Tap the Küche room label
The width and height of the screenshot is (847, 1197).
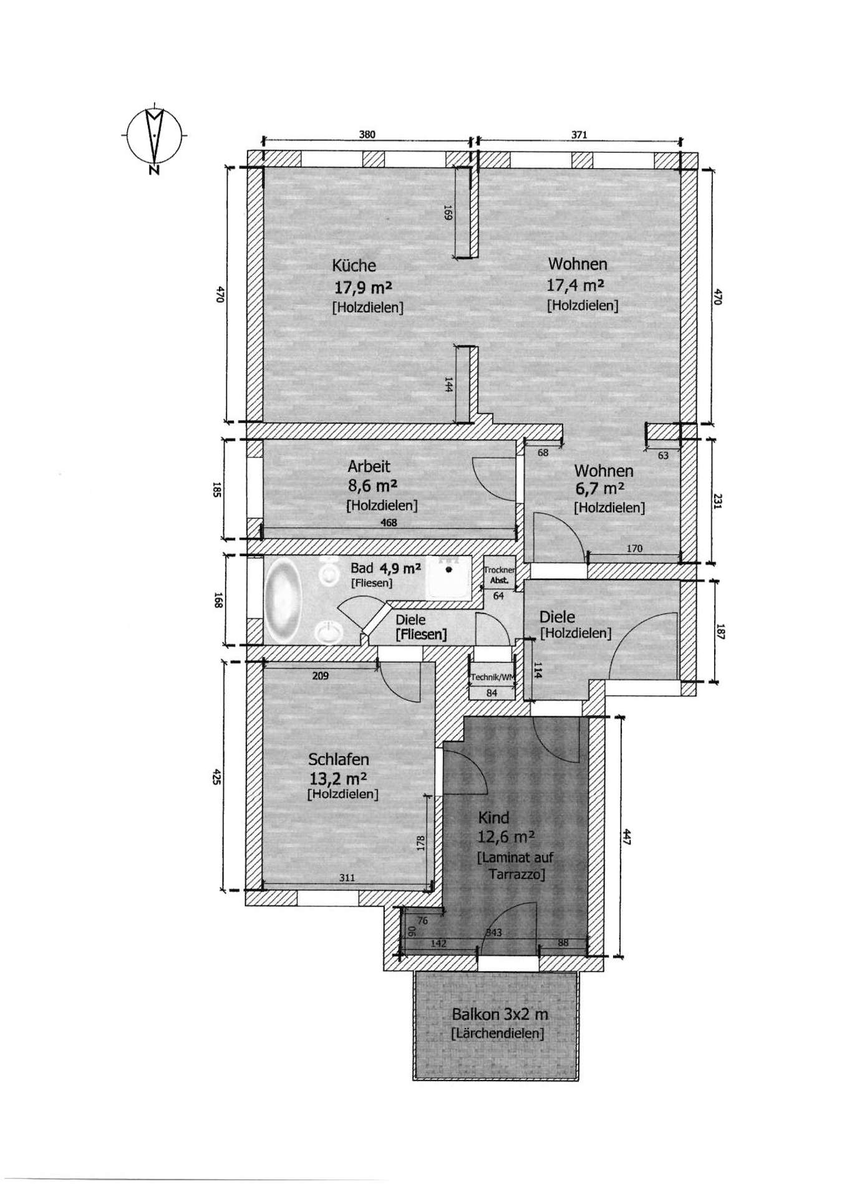[x=354, y=266]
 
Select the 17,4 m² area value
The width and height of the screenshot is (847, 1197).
[x=575, y=286]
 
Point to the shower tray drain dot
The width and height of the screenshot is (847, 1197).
[x=448, y=569]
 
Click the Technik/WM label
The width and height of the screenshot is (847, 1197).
[x=493, y=677]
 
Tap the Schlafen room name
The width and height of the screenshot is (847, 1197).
[x=339, y=759]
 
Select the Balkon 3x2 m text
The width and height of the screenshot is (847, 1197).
[x=500, y=1014]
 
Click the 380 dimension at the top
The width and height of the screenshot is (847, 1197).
[x=367, y=135]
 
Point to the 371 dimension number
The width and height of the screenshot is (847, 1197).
[x=579, y=135]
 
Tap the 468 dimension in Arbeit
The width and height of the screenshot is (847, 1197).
[x=389, y=523]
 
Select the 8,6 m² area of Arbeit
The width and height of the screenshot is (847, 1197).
[x=372, y=485]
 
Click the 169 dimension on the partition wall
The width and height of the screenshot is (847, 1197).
[x=447, y=213]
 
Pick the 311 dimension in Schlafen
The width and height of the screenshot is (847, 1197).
[x=347, y=878]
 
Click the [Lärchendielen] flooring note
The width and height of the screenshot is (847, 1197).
[x=497, y=1034]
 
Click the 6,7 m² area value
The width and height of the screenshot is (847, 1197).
[x=600, y=488]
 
